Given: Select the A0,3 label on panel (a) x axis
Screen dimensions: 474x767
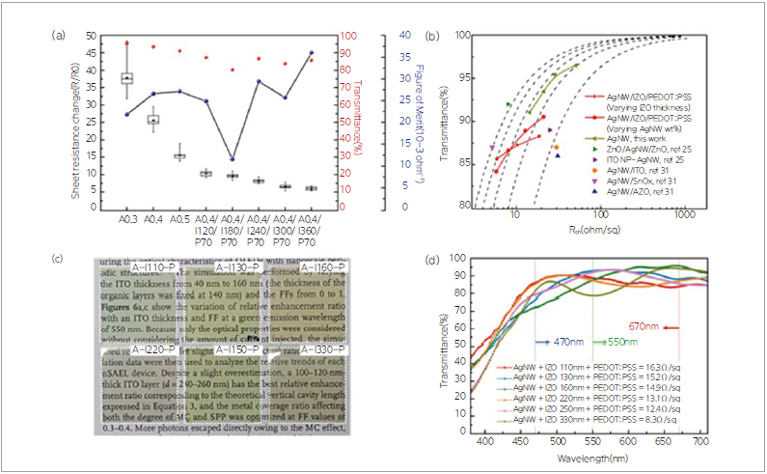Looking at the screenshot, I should click(x=127, y=220).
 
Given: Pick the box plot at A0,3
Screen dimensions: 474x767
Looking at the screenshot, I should click(x=127, y=78).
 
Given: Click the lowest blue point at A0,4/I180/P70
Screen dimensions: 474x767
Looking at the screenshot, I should click(x=232, y=159).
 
